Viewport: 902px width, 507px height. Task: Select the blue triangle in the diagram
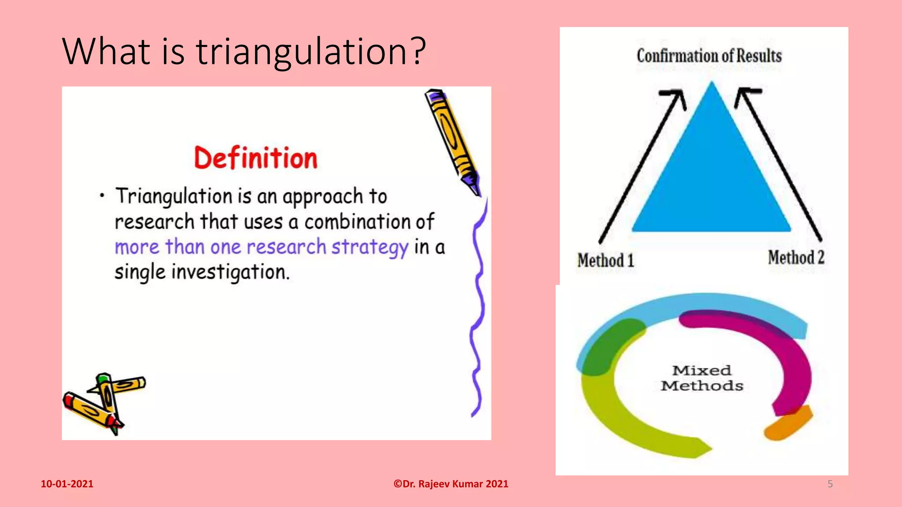(711, 176)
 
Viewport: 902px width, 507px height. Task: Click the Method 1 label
(606, 260)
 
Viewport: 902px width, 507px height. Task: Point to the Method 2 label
(796, 257)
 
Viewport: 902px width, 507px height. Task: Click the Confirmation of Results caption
(709, 56)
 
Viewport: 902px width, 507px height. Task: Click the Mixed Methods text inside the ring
(702, 378)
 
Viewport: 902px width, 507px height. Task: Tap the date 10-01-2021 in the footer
(67, 484)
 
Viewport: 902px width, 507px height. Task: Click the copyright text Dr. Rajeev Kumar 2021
(451, 484)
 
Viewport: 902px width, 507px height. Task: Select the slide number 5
(830, 484)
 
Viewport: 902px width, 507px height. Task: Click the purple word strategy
(370, 247)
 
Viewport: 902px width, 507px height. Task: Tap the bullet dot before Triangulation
(102, 195)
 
